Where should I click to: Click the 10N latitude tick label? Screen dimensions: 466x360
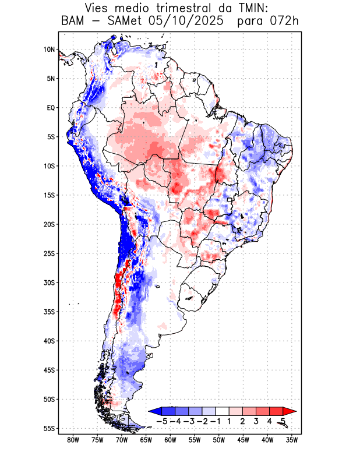[x=48, y=50]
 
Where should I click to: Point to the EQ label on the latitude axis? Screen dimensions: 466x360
[x=50, y=108]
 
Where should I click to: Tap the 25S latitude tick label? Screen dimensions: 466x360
[x=48, y=253]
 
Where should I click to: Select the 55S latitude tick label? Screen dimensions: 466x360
[x=48, y=429]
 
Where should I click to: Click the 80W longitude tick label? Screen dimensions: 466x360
[x=73, y=440]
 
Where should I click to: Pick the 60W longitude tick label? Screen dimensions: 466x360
[x=170, y=440]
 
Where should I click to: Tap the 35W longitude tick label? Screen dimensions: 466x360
[x=292, y=440]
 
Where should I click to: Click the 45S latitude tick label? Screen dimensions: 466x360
[x=48, y=370]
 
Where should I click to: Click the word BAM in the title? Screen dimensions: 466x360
[x=73, y=22]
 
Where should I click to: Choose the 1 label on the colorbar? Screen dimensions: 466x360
[x=230, y=421]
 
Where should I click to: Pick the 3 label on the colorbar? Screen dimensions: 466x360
[x=256, y=421]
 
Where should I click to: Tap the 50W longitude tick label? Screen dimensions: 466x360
[x=218, y=440]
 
